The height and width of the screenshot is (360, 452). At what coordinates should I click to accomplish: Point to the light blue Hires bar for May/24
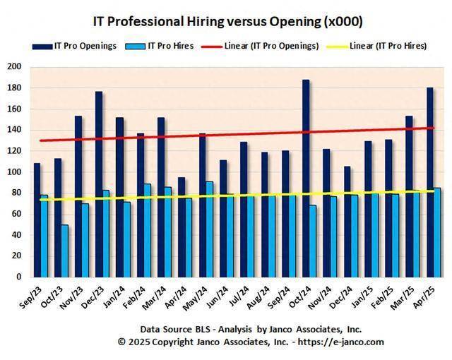pyautogui.click(x=210, y=229)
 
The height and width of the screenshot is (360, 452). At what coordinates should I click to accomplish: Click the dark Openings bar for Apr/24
pyautogui.click(x=182, y=226)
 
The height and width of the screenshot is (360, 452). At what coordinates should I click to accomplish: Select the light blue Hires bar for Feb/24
pyautogui.click(x=147, y=230)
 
